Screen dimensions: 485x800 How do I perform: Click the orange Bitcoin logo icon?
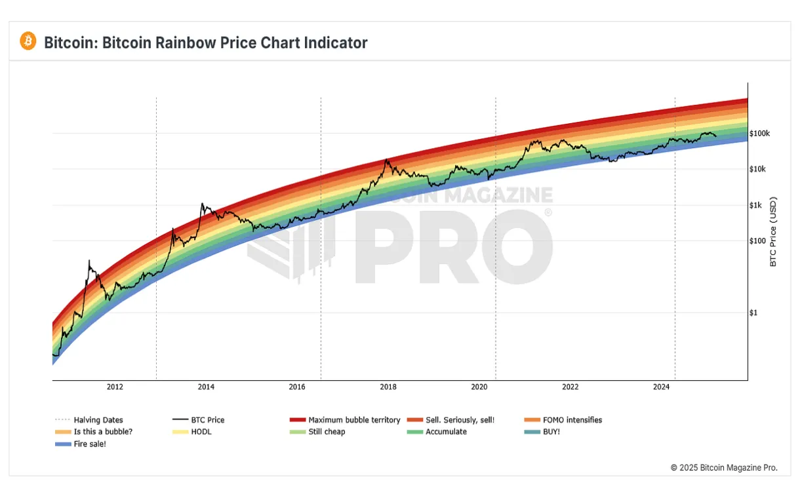pyautogui.click(x=28, y=41)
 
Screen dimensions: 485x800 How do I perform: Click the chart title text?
pyautogui.click(x=205, y=43)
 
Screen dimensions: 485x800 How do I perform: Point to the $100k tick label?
pyautogui.click(x=759, y=133)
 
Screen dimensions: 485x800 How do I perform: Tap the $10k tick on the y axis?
pyautogui.click(x=757, y=169)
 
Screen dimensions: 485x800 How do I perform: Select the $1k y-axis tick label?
pyautogui.click(x=755, y=205)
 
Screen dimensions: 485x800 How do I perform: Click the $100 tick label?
pyautogui.click(x=757, y=241)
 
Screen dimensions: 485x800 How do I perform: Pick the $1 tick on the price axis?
pyautogui.click(x=753, y=313)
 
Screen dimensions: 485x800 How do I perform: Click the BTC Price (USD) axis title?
pyautogui.click(x=773, y=231)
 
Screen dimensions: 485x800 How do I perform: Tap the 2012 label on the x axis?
pyautogui.click(x=115, y=387)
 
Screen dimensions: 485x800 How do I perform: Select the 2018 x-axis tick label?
pyautogui.click(x=388, y=387)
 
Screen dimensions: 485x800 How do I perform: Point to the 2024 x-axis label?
pyautogui.click(x=661, y=387)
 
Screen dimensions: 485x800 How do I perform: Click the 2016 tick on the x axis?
pyautogui.click(x=297, y=387)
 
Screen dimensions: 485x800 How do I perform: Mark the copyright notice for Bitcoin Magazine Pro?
pyautogui.click(x=723, y=467)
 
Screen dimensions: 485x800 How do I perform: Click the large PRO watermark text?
pyautogui.click(x=452, y=246)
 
